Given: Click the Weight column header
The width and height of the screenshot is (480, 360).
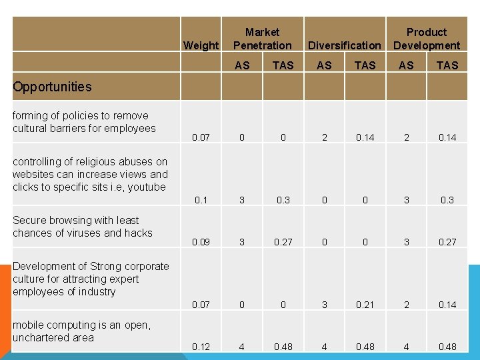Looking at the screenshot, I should (200, 45).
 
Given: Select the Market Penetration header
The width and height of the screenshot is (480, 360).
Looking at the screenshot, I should (262, 39).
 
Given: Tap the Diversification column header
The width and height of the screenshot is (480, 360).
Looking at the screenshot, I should (345, 45).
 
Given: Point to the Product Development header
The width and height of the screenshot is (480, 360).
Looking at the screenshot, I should (427, 39).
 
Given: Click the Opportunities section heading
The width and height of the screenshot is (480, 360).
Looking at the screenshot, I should (52, 87).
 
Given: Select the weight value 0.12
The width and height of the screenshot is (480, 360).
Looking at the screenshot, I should (201, 347).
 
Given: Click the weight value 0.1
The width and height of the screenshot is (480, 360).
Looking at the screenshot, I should (201, 200).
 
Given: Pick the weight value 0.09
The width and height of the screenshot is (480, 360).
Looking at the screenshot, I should (201, 242).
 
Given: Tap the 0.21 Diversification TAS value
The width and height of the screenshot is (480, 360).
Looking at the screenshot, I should (365, 305).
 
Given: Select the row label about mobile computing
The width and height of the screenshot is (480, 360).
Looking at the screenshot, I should (81, 331).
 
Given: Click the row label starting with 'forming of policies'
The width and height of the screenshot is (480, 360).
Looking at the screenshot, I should (84, 122).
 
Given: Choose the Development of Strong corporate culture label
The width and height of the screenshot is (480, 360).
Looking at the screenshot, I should (91, 279).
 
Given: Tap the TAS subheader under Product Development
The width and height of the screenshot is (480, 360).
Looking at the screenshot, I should (447, 65).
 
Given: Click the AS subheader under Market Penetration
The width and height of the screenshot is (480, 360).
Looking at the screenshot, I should (242, 65).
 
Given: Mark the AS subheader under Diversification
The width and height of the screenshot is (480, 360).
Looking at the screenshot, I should (324, 65).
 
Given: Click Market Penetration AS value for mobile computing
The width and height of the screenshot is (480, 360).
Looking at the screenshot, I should (242, 347).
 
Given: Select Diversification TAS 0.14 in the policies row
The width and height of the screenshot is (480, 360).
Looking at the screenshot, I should (365, 138).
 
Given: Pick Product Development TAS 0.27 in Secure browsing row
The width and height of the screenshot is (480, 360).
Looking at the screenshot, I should (447, 242).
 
